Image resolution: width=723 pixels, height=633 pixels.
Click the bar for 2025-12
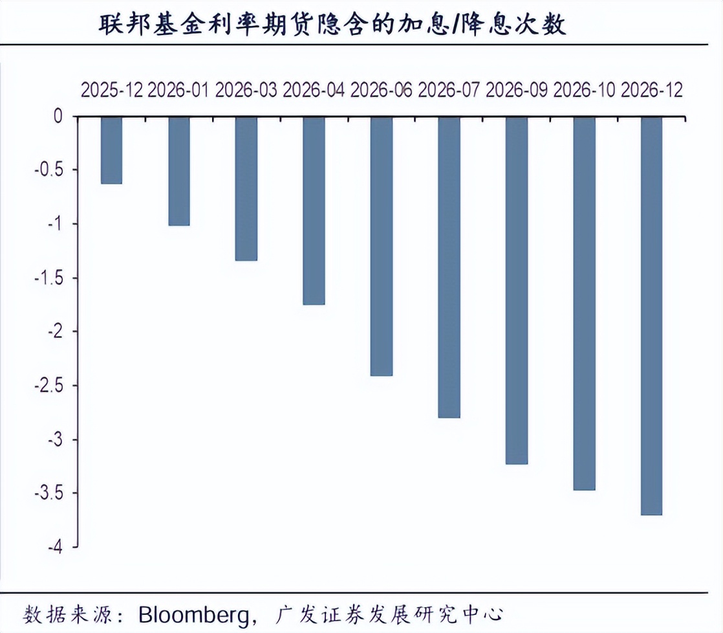coord(111,150)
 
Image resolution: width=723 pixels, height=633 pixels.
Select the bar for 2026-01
coord(179,171)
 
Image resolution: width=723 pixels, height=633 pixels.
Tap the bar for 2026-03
coord(246,188)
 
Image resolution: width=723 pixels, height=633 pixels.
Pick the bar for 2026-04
coord(314,210)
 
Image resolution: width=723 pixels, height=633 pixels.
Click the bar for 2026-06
coord(382,246)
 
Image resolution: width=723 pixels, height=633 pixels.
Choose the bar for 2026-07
coord(449,267)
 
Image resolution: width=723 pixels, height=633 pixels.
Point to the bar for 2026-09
coord(517,290)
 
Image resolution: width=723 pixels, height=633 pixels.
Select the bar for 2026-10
coord(584,303)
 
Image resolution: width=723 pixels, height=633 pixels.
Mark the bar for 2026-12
coord(651,315)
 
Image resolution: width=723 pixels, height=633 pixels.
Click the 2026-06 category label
coord(382,90)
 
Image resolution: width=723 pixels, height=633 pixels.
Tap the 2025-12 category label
coord(111,90)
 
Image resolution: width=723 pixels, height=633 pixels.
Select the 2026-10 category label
coord(584,90)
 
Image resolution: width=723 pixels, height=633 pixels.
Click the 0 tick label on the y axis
coord(58,117)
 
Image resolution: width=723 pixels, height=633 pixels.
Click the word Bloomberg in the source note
coord(194,613)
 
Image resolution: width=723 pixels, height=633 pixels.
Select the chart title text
coord(332,24)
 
